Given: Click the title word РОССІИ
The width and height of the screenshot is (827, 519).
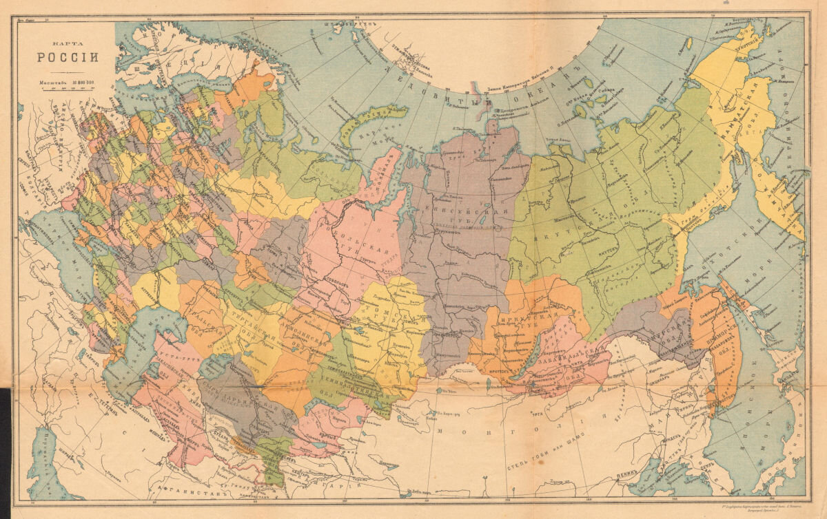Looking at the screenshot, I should pyautogui.click(x=68, y=57).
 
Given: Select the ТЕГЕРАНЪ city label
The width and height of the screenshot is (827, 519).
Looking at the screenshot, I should pyautogui.click(x=96, y=403).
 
